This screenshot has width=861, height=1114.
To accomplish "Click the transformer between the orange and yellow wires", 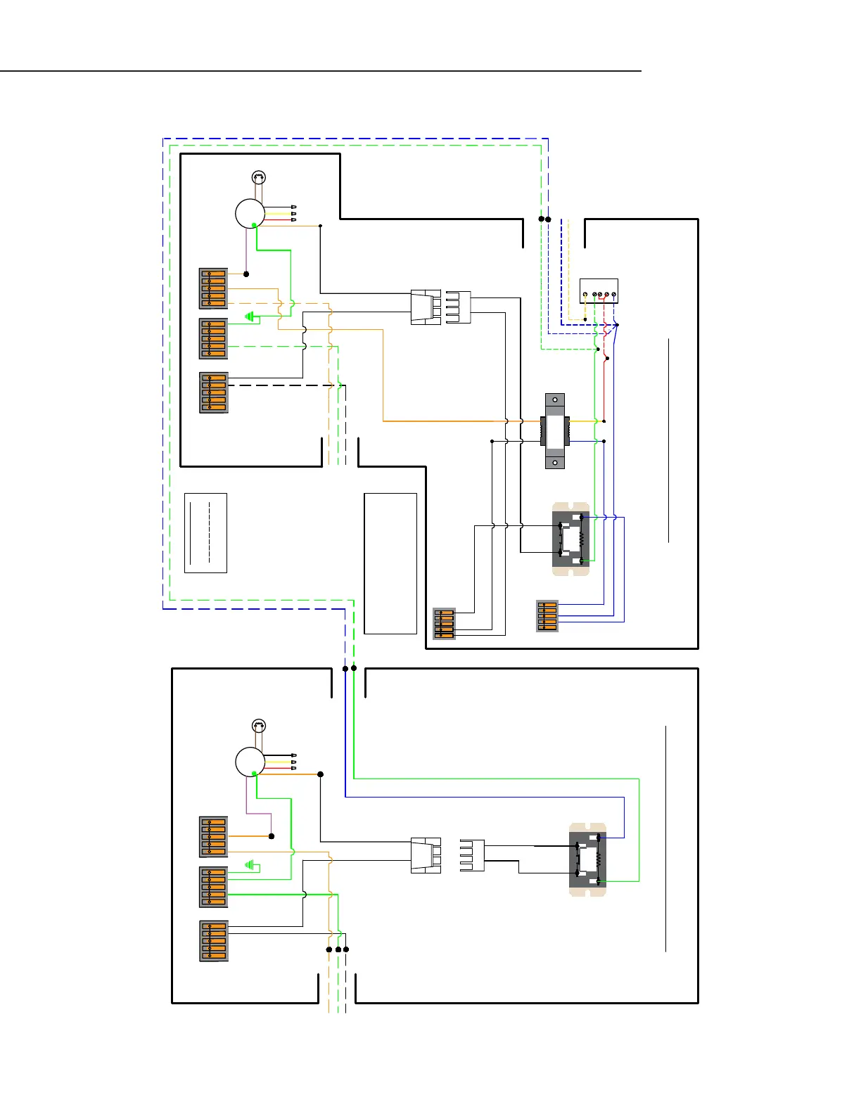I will tap(555, 430).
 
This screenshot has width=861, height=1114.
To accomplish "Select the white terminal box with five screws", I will tap(599, 290).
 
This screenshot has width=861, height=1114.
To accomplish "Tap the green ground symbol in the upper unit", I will tap(249, 316).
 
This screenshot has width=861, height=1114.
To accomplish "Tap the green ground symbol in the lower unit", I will tap(249, 865).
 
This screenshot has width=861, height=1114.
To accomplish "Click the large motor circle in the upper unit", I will tap(250, 214).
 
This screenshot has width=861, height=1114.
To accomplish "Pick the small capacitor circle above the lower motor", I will tap(259, 726).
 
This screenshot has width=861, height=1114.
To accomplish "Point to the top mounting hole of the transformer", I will tap(555, 400).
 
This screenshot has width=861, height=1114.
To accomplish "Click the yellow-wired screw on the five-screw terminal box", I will tap(585, 295).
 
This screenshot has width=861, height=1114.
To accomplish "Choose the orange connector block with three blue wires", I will tap(547, 616).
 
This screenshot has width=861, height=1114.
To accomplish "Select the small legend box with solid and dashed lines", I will tap(205, 533).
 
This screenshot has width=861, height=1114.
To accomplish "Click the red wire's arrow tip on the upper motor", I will tap(293, 219).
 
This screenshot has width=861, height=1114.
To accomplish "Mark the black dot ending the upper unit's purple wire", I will tap(246, 274).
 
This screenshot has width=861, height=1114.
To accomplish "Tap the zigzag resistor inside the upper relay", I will tap(582, 539).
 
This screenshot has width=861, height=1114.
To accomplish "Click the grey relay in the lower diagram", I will tap(587, 859).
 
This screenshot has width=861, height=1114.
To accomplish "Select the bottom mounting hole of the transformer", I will tap(555, 462).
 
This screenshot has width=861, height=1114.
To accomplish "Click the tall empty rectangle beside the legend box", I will tap(390, 563).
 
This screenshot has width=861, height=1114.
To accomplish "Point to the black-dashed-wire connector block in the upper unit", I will tap(214, 392).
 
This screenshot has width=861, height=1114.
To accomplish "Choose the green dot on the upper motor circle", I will tap(254, 225).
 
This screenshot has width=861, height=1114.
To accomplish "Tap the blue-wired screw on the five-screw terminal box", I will tap(614, 295).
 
